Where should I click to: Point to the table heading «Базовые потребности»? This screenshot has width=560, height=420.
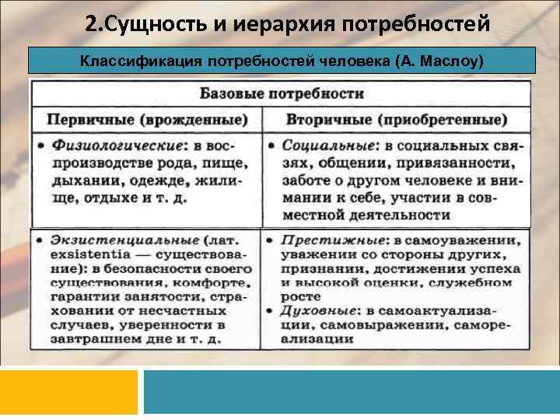(x=282, y=94)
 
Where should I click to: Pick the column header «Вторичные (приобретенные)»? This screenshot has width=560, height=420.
(x=397, y=120)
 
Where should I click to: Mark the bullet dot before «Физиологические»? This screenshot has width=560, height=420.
(x=40, y=146)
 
